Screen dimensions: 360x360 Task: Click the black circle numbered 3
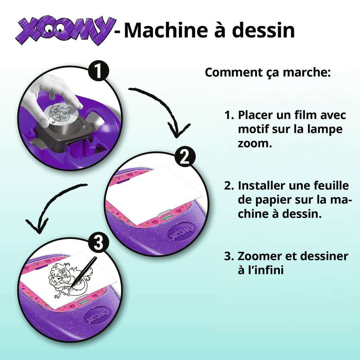[98, 243]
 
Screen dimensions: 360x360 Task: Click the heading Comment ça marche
[268, 72]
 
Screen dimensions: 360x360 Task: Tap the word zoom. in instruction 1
[255, 143]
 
